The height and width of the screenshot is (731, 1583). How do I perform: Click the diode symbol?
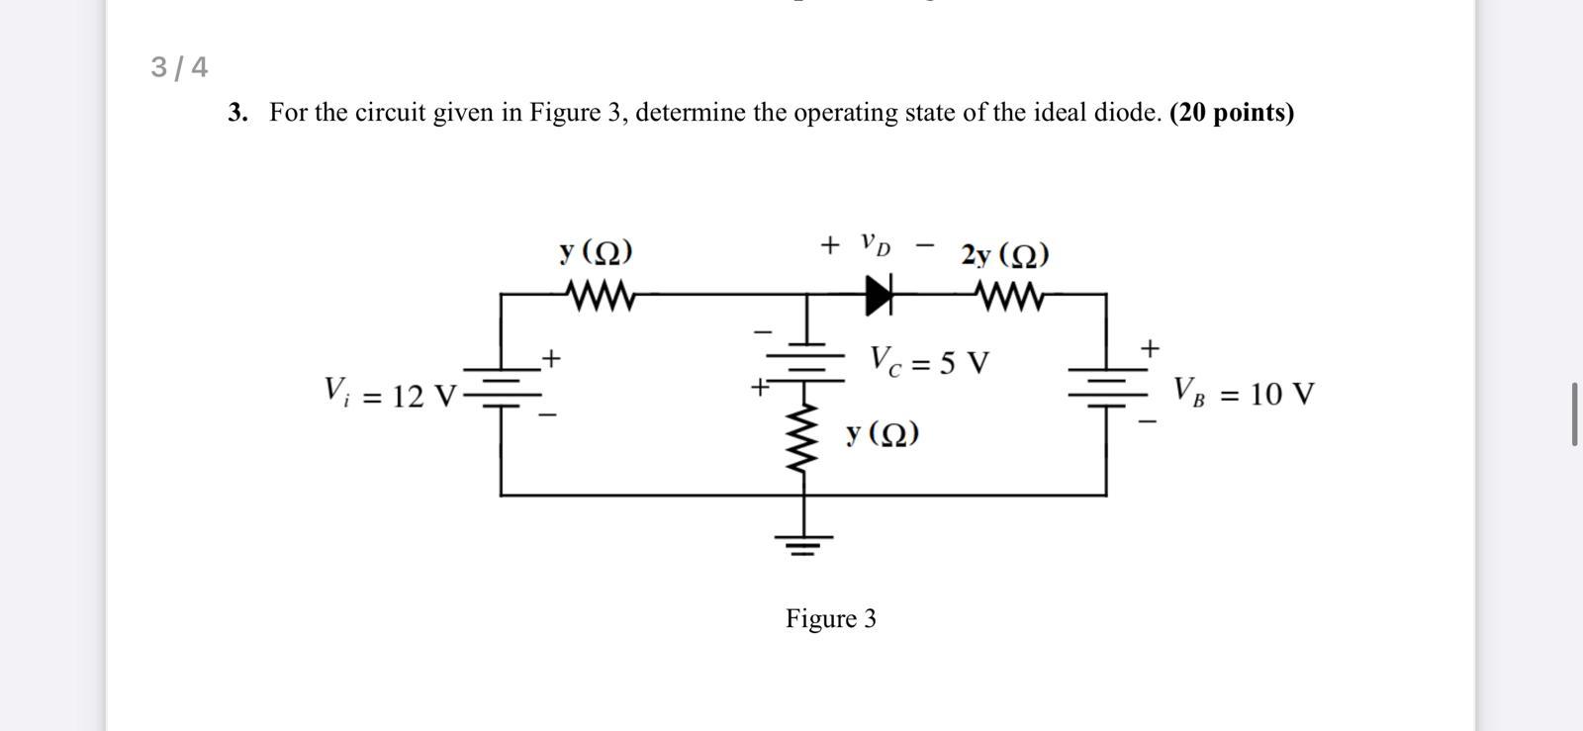click(x=879, y=295)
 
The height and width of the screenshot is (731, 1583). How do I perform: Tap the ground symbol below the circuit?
click(x=802, y=542)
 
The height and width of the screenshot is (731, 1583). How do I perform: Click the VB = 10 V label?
click(x=1244, y=393)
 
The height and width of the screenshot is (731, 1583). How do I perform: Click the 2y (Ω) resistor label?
click(x=1004, y=255)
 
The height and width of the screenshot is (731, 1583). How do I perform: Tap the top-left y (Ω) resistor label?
click(x=596, y=252)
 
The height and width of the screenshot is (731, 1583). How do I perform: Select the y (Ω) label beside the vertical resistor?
click(x=883, y=432)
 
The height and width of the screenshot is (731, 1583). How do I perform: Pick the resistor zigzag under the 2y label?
click(x=1008, y=295)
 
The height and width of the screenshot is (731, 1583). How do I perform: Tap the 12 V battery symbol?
click(x=502, y=389)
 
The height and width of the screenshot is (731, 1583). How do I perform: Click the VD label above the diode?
click(x=875, y=243)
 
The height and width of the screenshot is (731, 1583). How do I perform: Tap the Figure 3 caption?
click(x=830, y=618)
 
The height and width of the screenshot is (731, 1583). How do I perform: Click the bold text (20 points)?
click(x=1231, y=113)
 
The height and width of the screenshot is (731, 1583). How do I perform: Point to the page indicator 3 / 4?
click(x=179, y=67)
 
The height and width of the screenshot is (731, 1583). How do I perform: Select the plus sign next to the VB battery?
click(x=1149, y=348)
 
